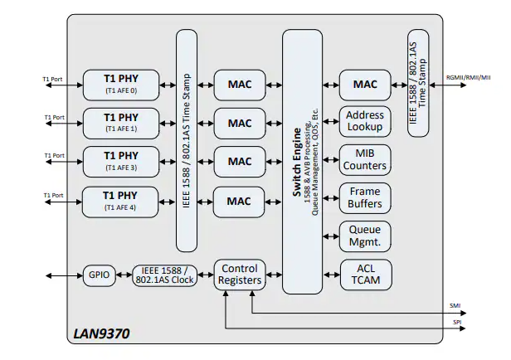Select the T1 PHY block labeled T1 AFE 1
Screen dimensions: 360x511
pos(121,123)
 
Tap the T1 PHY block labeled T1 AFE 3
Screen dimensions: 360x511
pos(121,161)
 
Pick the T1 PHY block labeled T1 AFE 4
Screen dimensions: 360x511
pos(121,200)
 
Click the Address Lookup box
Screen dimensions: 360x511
pos(364,121)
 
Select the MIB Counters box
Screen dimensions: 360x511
pos(364,160)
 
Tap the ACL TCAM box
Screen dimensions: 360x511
pos(364,275)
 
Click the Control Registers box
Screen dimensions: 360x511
pos(240,275)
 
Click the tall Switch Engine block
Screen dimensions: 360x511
pos(302,161)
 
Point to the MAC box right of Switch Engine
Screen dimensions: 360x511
pos(364,84)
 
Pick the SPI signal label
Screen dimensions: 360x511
pos(456,321)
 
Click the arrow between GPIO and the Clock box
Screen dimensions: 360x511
pos(126,275)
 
